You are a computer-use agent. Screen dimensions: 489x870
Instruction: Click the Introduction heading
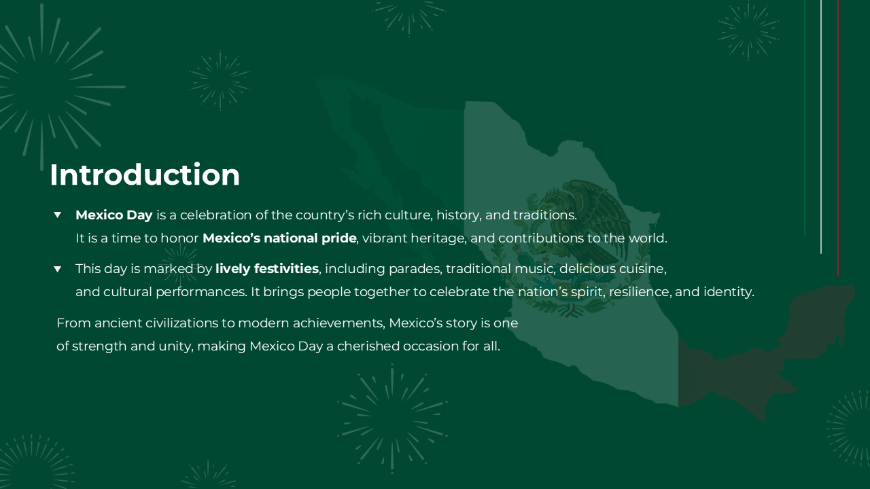[x=145, y=175]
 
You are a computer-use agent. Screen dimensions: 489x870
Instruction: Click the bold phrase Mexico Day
[x=114, y=215]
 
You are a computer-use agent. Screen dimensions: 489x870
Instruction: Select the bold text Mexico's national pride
[x=279, y=238]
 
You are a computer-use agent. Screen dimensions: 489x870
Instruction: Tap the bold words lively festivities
[x=267, y=269]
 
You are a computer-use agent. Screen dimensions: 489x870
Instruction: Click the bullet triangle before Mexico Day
[x=58, y=215]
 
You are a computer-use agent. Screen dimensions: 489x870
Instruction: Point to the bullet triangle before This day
[x=58, y=269]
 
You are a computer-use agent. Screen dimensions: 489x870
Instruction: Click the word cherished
[x=368, y=346]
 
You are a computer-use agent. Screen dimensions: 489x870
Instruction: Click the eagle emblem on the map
[x=578, y=217]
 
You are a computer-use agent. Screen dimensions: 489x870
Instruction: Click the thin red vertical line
[x=838, y=136]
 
